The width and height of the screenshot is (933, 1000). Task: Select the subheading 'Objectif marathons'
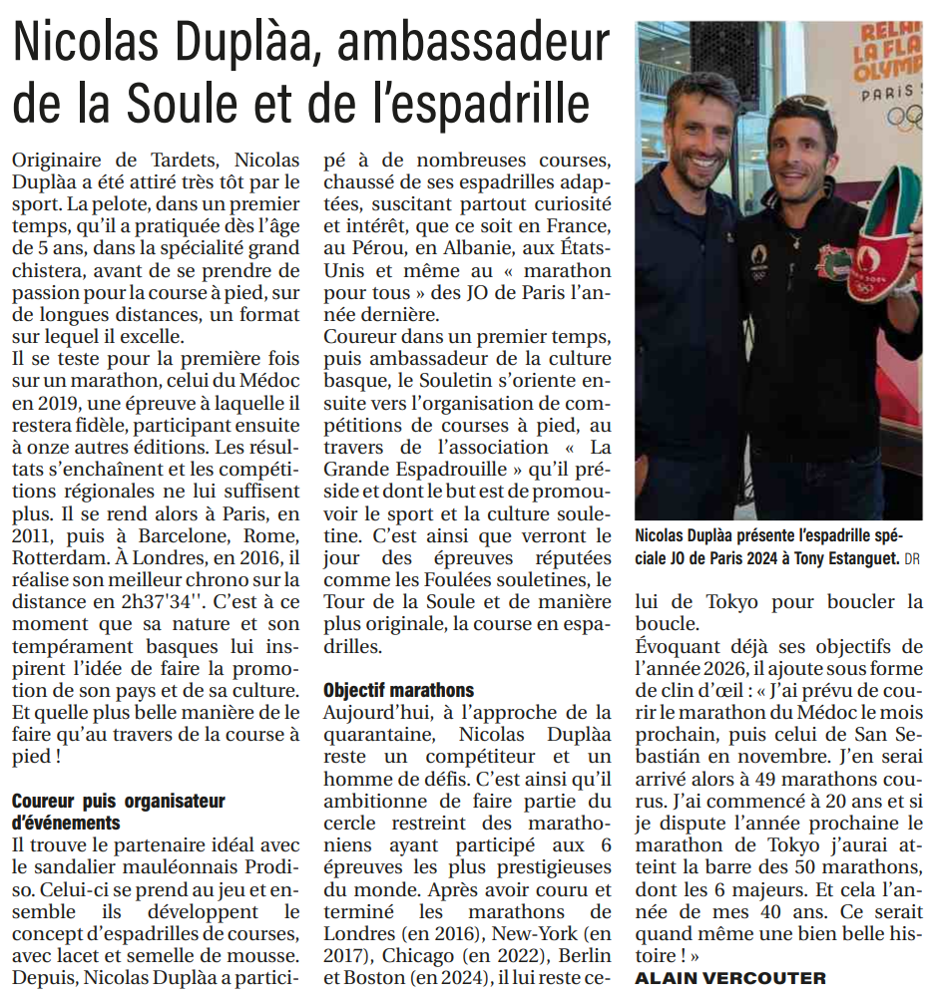point(398,690)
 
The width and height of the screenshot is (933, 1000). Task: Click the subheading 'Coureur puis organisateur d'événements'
point(118,811)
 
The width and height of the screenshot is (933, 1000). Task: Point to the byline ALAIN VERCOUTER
point(730,978)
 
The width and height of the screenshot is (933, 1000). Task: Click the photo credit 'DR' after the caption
point(913,559)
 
